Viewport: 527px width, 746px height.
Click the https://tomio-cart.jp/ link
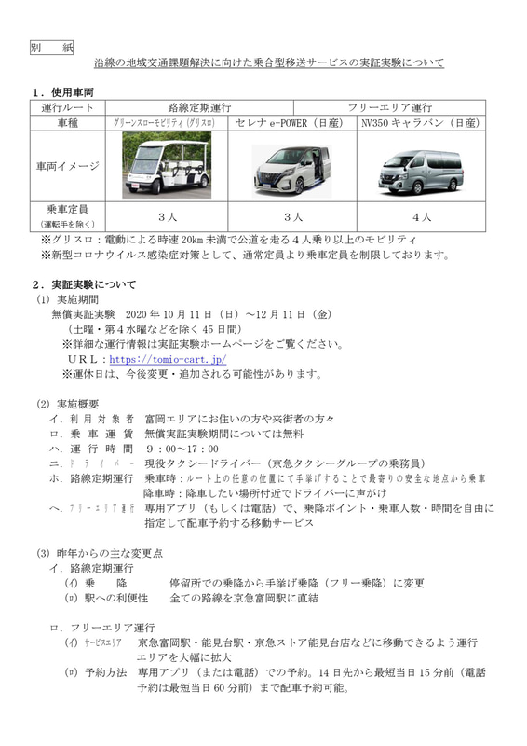click(x=168, y=358)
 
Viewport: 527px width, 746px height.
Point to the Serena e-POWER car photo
click(x=294, y=168)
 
